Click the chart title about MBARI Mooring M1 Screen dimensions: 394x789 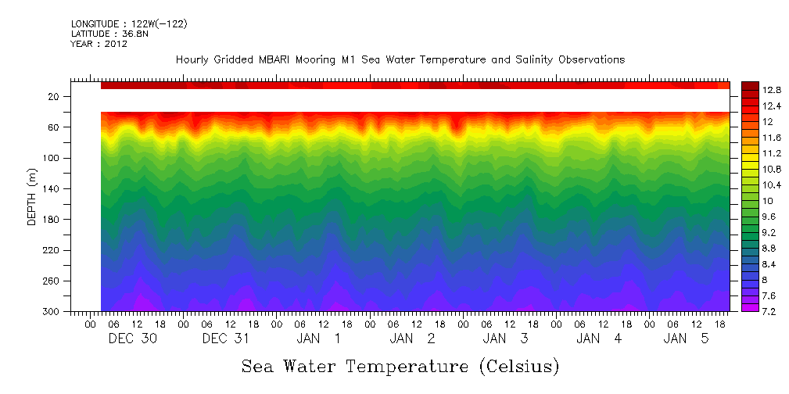tap(400, 60)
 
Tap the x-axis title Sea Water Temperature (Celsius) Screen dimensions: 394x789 tap(400, 367)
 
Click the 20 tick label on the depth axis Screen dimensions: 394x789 tap(54, 97)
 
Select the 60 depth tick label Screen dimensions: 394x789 tap(54, 127)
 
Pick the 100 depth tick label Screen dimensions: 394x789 tap(52, 158)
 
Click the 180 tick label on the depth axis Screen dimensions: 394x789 tap(52, 220)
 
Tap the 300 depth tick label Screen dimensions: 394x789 tap(52, 312)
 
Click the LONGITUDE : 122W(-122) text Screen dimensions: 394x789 tap(129, 24)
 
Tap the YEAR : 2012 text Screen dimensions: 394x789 tap(99, 44)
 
